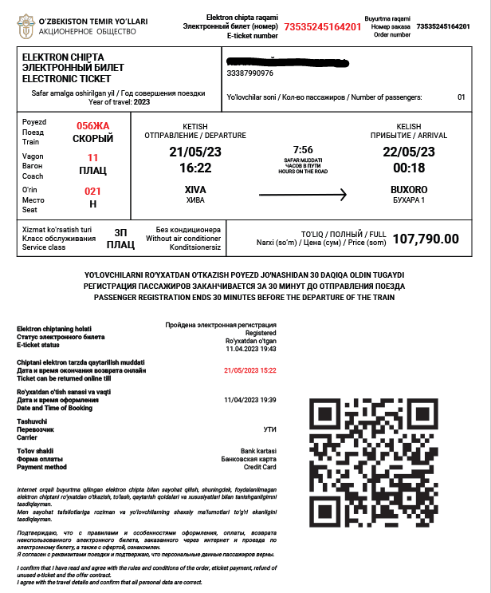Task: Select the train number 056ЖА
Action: pyautogui.click(x=92, y=126)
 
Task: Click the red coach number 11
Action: pyautogui.click(x=93, y=157)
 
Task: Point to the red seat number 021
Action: pyautogui.click(x=93, y=191)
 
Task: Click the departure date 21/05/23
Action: pyautogui.click(x=195, y=152)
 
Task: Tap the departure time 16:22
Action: pyautogui.click(x=195, y=168)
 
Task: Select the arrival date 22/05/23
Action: pyautogui.click(x=409, y=152)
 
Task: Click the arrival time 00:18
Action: pyautogui.click(x=409, y=168)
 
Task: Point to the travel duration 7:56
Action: pyautogui.click(x=303, y=149)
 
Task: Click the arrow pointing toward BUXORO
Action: pyautogui.click(x=303, y=194)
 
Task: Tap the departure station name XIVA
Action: pyautogui.click(x=195, y=189)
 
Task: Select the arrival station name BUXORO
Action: pyautogui.click(x=409, y=189)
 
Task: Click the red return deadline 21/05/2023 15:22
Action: pyautogui.click(x=250, y=370)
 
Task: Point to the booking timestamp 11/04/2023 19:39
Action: pyautogui.click(x=250, y=400)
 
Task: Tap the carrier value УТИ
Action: pyautogui.click(x=269, y=429)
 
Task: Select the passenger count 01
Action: pyautogui.click(x=461, y=97)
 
